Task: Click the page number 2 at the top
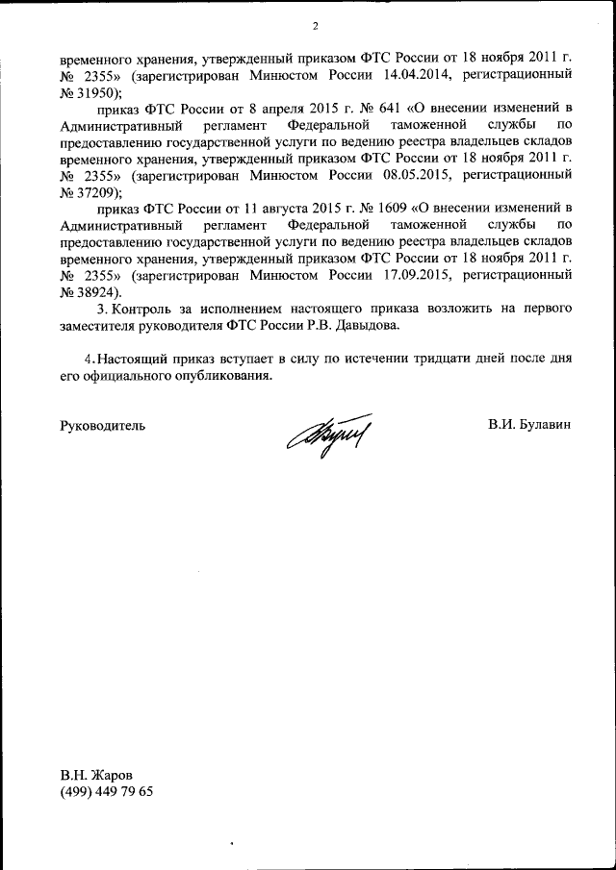tap(315, 25)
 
